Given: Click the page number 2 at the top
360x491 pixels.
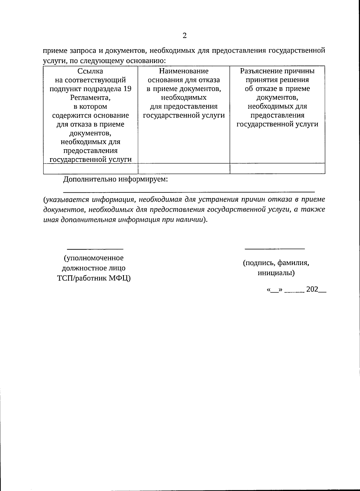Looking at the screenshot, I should tap(184, 36).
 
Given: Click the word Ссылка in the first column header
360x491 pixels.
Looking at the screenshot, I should tap(90, 71).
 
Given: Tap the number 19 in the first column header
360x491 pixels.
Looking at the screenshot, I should tap(127, 89).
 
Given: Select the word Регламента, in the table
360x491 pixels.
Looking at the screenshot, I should tap(90, 98).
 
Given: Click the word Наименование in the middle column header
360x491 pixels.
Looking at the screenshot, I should tap(184, 71).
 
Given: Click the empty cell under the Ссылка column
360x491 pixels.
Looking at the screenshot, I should tap(90, 168).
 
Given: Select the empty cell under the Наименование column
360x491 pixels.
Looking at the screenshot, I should tap(184, 168).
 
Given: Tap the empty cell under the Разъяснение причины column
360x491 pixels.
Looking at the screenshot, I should tap(277, 168).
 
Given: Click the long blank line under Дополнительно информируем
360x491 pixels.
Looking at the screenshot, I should tap(189, 191).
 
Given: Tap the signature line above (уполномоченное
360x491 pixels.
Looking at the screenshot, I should tap(95, 249).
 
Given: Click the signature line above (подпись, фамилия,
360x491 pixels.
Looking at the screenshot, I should tap(275, 249).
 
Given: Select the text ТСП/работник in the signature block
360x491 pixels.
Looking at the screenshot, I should tap(82, 278).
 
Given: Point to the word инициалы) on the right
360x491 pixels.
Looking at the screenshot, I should tap(276, 273).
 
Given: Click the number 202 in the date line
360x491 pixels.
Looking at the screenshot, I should tap(312, 290).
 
